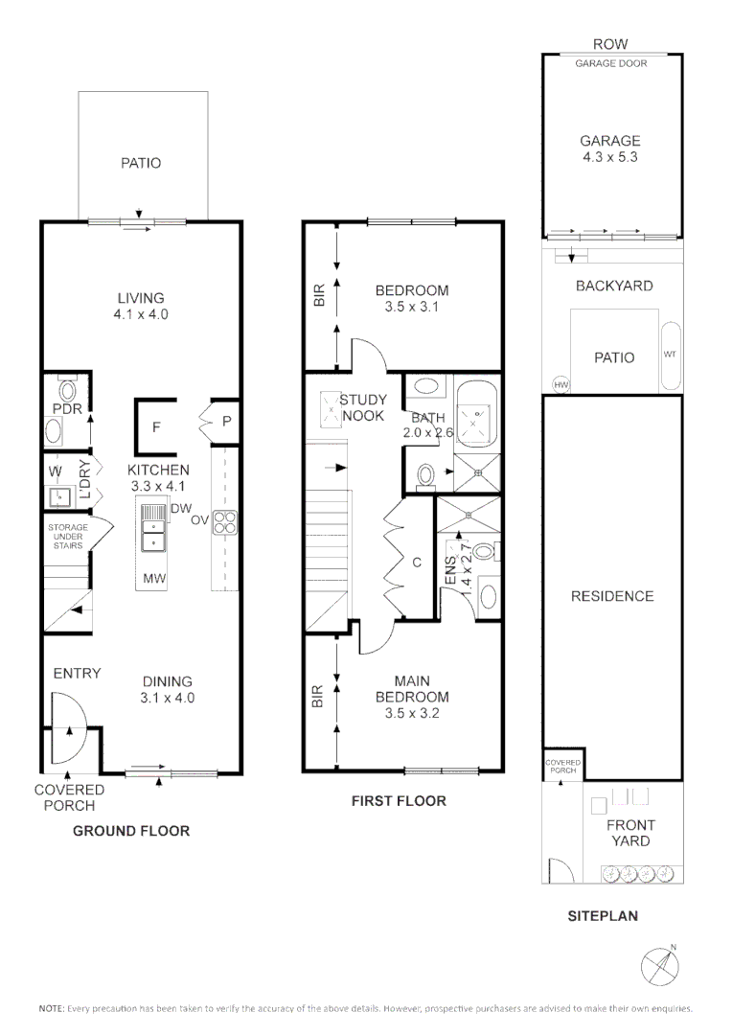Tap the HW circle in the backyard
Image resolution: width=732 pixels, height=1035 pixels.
560,384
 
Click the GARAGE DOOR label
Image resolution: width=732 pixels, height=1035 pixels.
611,63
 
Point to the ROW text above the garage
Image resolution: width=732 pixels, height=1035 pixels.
611,44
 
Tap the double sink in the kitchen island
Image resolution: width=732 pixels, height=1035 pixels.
151,530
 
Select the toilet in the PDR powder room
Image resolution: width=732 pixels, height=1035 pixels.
66,391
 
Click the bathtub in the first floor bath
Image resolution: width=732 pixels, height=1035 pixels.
477,416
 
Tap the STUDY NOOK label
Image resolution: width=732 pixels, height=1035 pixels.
363,407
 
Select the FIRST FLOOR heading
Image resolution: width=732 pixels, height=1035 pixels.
399,800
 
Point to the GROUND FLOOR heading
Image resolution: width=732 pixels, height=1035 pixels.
131,831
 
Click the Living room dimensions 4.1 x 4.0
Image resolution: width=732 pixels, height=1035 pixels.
142,314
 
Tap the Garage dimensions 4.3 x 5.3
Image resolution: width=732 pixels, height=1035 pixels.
610,157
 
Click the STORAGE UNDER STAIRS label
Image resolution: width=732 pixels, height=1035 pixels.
68,537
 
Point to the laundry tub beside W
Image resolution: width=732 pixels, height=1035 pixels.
58,496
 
